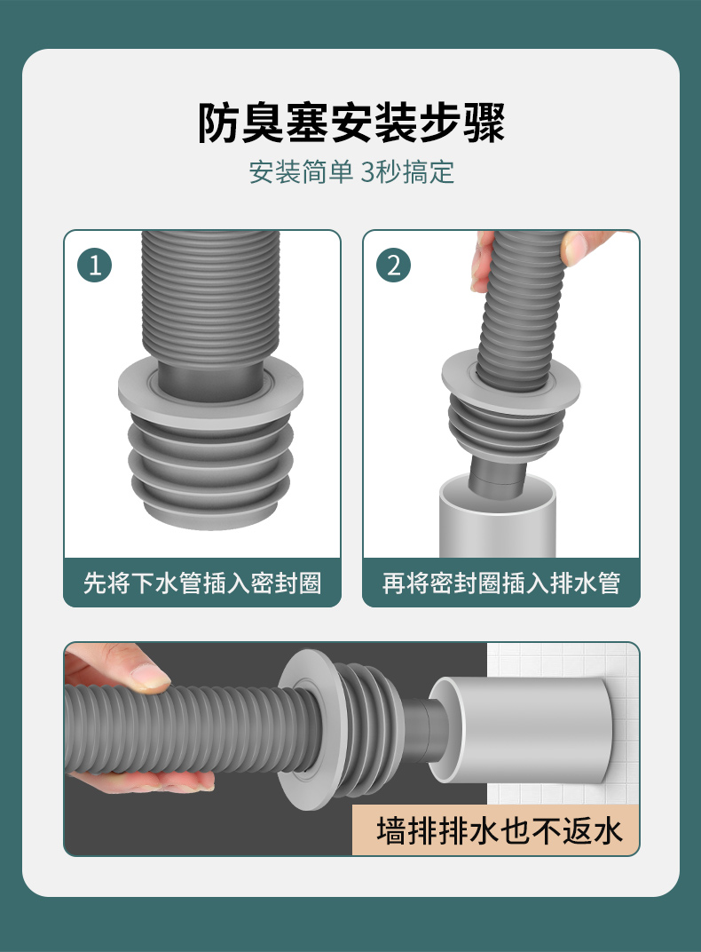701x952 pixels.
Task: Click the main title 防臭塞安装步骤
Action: point(351,123)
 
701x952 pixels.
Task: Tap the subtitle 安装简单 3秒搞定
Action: point(351,171)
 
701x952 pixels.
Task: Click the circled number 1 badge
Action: point(95,266)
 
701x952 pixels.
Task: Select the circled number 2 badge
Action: point(394,266)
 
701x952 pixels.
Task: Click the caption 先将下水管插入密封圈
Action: point(202,583)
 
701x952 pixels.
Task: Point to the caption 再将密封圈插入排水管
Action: point(500,583)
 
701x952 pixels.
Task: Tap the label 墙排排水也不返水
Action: point(499,830)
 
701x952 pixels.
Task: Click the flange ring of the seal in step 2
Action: point(510,379)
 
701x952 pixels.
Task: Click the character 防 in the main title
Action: point(219,123)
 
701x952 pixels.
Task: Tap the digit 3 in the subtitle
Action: point(367,172)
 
